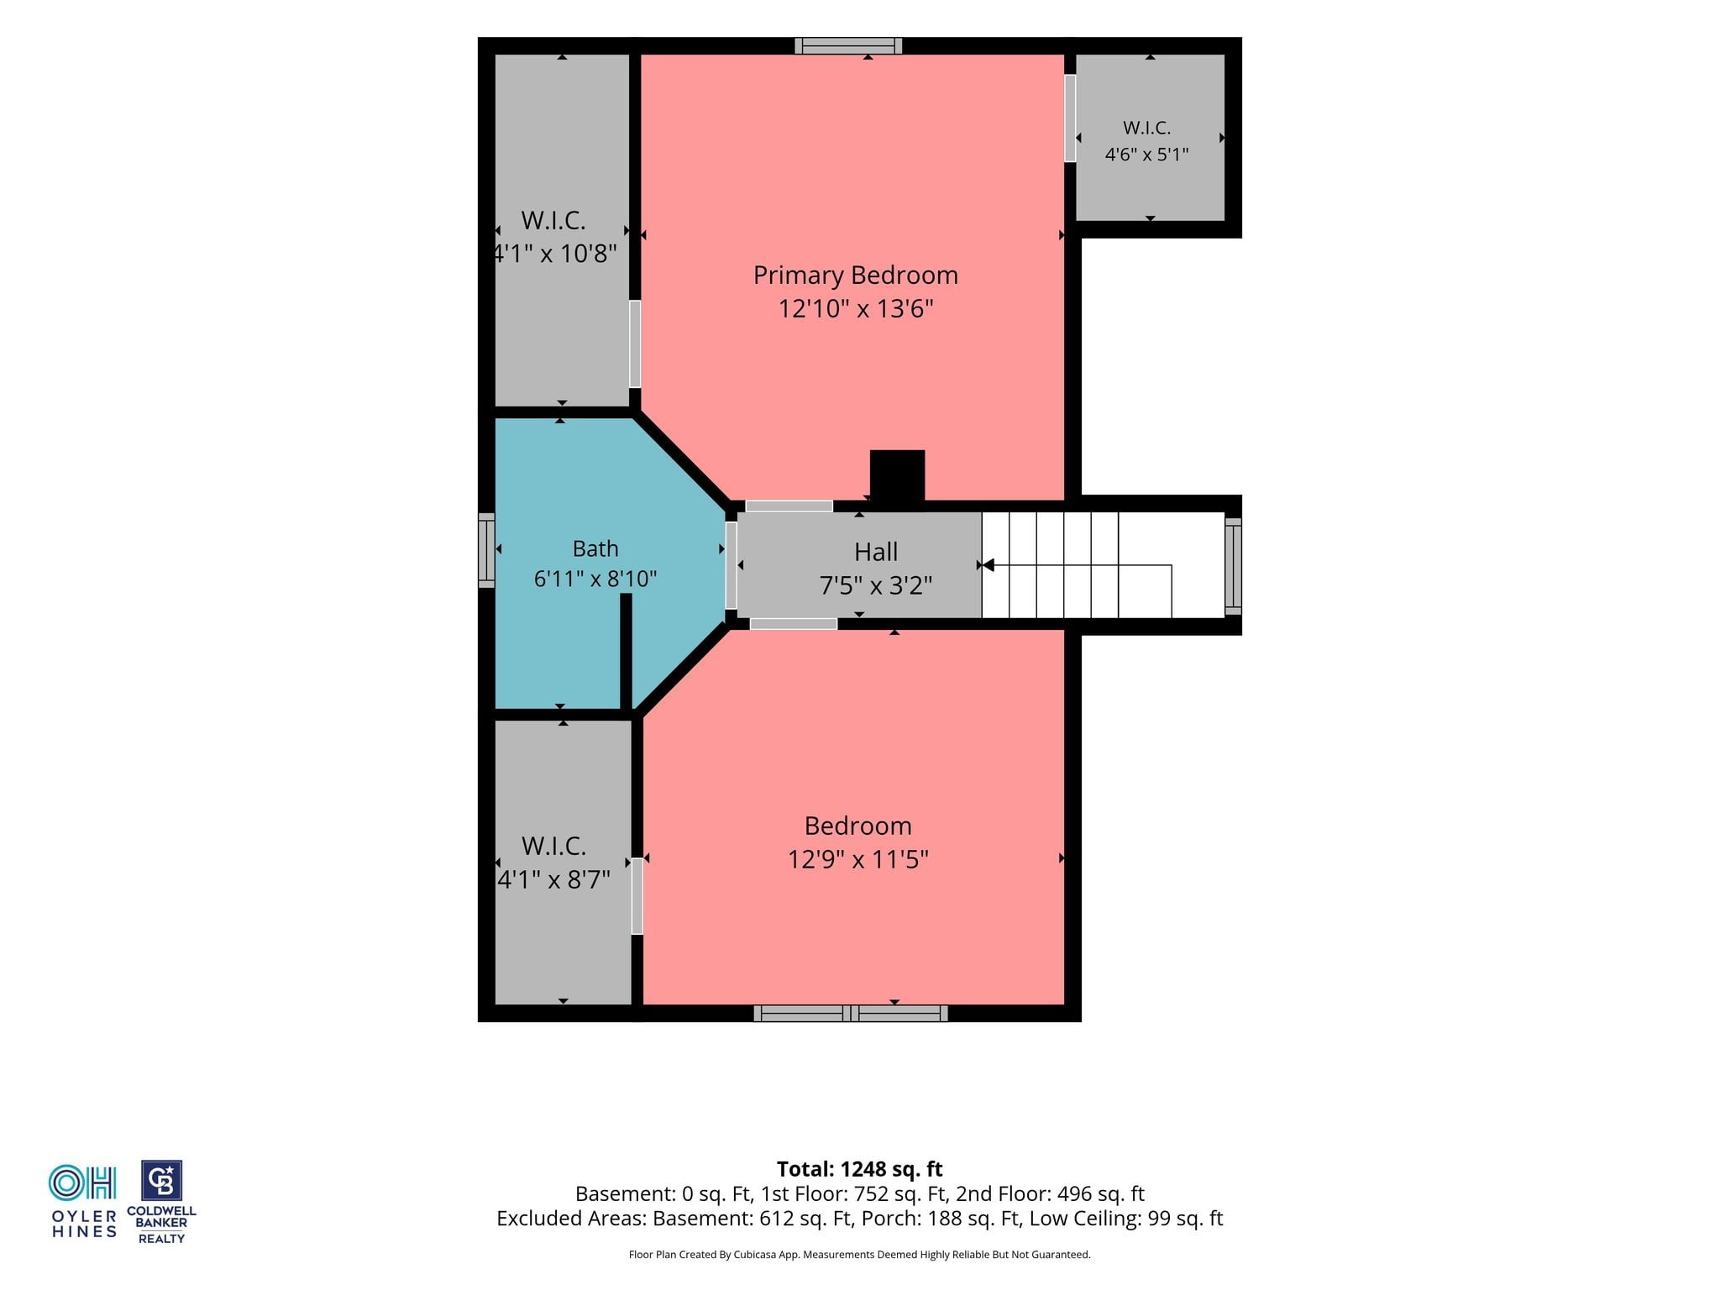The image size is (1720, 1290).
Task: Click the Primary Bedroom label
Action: coord(855,275)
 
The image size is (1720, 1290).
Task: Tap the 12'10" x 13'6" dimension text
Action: coord(856,308)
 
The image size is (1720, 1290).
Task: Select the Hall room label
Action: coord(876,552)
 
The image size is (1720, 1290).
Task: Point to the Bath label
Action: coord(595,548)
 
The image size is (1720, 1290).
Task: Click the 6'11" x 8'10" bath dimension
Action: coord(595,579)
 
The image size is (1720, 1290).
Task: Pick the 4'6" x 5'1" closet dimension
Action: coord(1146,155)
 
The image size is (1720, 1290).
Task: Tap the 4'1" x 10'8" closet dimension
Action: coord(554,253)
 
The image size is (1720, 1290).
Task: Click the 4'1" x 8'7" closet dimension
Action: coord(553,879)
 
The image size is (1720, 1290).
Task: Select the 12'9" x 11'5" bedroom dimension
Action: coord(857,859)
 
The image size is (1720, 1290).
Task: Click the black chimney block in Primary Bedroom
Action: coord(897,476)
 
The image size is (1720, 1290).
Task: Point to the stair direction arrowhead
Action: coord(988,565)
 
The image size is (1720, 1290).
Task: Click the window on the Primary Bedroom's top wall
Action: coord(848,46)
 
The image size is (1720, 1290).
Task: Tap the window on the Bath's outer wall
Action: coord(486,550)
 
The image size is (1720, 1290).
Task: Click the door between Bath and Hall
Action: coord(731,566)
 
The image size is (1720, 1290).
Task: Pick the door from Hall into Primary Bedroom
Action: coord(789,506)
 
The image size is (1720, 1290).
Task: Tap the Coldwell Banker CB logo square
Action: coord(161,1181)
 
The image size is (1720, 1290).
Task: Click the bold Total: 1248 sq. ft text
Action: coord(859,1169)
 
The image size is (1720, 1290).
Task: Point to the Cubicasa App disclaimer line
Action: coord(859,1255)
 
